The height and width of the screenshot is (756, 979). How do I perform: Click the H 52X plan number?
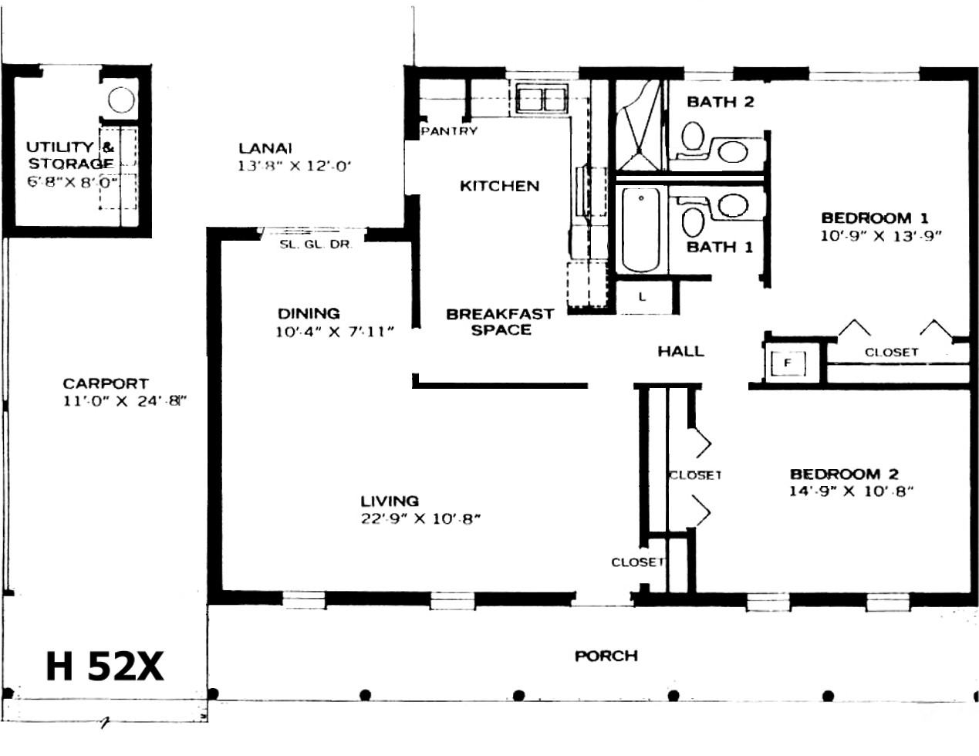[104, 667]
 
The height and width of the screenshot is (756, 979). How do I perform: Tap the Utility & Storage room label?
[70, 155]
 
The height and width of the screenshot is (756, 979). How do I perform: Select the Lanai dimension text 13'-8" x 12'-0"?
[294, 167]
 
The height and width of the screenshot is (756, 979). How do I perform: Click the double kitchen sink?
[541, 99]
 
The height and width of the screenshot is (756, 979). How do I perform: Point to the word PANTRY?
[449, 131]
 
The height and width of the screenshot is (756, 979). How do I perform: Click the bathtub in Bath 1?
[640, 229]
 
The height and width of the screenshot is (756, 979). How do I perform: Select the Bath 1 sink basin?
[733, 205]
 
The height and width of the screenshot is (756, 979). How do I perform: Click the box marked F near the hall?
[788, 362]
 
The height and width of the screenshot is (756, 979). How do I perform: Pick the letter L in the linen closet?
[643, 296]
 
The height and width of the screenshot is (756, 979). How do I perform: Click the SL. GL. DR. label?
[315, 245]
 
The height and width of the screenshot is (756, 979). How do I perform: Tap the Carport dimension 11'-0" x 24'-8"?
[124, 400]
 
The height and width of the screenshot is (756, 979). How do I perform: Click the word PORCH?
[606, 656]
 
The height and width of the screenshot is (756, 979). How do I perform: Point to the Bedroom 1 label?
[875, 218]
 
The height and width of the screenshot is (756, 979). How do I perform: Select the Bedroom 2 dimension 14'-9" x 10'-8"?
[851, 491]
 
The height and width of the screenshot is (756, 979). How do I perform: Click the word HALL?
[680, 351]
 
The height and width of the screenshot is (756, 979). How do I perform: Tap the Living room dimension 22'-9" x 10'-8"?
[420, 519]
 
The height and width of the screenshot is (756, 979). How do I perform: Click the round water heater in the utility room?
[121, 100]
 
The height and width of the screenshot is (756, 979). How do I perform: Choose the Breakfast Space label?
[500, 322]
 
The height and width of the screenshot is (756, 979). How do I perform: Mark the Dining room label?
[309, 313]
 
